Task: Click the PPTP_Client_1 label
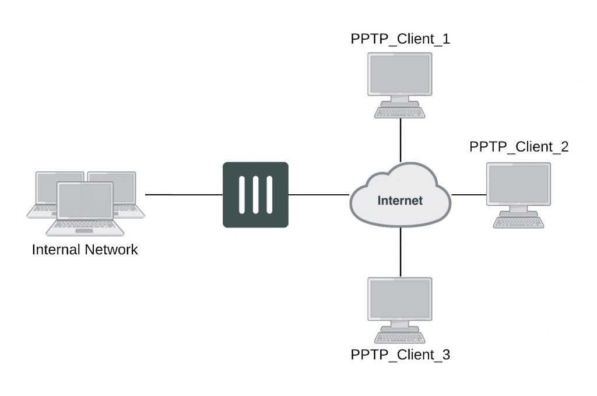point(400,40)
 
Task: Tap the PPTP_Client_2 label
point(518,147)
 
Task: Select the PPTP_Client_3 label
point(400,355)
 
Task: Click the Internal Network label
point(85,250)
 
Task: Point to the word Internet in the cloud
point(400,201)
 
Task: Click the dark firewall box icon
point(255,194)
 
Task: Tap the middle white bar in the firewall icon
point(255,194)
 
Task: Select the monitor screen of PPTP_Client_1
point(400,74)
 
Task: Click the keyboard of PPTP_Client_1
point(400,112)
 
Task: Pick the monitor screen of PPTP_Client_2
point(518,184)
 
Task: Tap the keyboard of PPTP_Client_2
point(518,222)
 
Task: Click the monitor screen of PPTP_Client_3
point(400,299)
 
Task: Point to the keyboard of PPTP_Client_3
point(400,337)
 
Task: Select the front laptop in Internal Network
point(85,201)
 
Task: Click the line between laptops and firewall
point(184,194)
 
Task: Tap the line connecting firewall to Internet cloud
point(318,194)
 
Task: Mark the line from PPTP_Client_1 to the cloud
point(401,140)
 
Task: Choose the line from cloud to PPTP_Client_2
point(469,194)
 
